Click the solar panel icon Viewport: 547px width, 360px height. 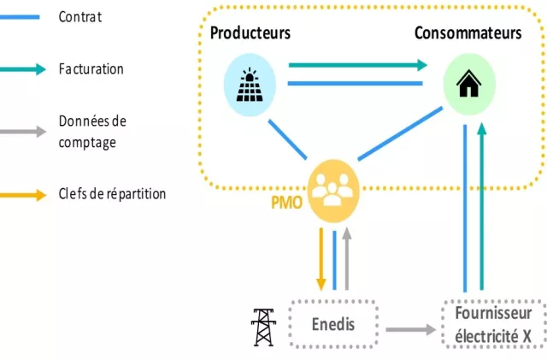click(250, 85)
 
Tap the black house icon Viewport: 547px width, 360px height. click(469, 83)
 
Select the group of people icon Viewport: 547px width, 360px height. click(332, 190)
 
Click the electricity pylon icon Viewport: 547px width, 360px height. click(264, 328)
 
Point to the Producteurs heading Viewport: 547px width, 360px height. click(250, 32)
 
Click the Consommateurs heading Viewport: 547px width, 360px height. click(468, 32)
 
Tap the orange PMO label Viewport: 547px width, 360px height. click(286, 203)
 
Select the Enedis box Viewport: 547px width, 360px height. click(333, 324)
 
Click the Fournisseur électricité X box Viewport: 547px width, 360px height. click(493, 324)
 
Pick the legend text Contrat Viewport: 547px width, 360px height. click(80, 17)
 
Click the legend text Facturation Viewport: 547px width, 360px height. click(91, 68)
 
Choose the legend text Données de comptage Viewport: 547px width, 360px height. click(92, 132)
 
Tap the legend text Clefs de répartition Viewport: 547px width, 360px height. click(112, 193)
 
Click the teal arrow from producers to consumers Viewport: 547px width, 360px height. click(358, 65)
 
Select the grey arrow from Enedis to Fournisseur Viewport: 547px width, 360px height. click(410, 329)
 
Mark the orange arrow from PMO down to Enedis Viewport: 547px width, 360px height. click(321, 259)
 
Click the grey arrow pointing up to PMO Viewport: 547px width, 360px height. click(346, 259)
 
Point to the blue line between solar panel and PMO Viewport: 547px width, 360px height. click(287, 139)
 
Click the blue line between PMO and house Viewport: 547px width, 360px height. click(400, 133)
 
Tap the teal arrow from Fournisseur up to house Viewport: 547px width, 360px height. click(482, 206)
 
